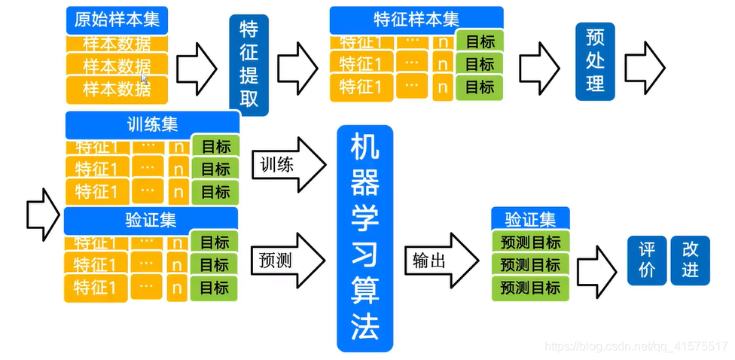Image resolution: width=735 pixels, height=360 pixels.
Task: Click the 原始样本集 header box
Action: (117, 20)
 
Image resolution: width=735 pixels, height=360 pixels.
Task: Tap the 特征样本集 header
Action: (416, 20)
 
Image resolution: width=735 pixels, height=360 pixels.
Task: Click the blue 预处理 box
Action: (595, 62)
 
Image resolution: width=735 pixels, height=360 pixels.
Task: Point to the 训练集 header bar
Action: (152, 124)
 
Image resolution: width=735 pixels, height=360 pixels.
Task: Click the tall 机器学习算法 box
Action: (364, 238)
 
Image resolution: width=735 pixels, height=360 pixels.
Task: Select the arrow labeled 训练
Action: (288, 164)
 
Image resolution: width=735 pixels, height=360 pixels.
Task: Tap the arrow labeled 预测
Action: (288, 260)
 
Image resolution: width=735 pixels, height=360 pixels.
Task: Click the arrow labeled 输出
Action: (441, 260)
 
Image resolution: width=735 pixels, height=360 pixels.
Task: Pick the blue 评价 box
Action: (647, 260)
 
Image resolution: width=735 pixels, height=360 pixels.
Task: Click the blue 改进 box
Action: (690, 260)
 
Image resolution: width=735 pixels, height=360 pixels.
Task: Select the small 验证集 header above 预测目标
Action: (530, 219)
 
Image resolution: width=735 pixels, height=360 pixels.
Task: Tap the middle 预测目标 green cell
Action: (530, 264)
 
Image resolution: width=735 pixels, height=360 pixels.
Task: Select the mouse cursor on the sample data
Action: (145, 75)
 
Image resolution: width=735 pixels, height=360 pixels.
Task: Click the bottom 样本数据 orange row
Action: (117, 89)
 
